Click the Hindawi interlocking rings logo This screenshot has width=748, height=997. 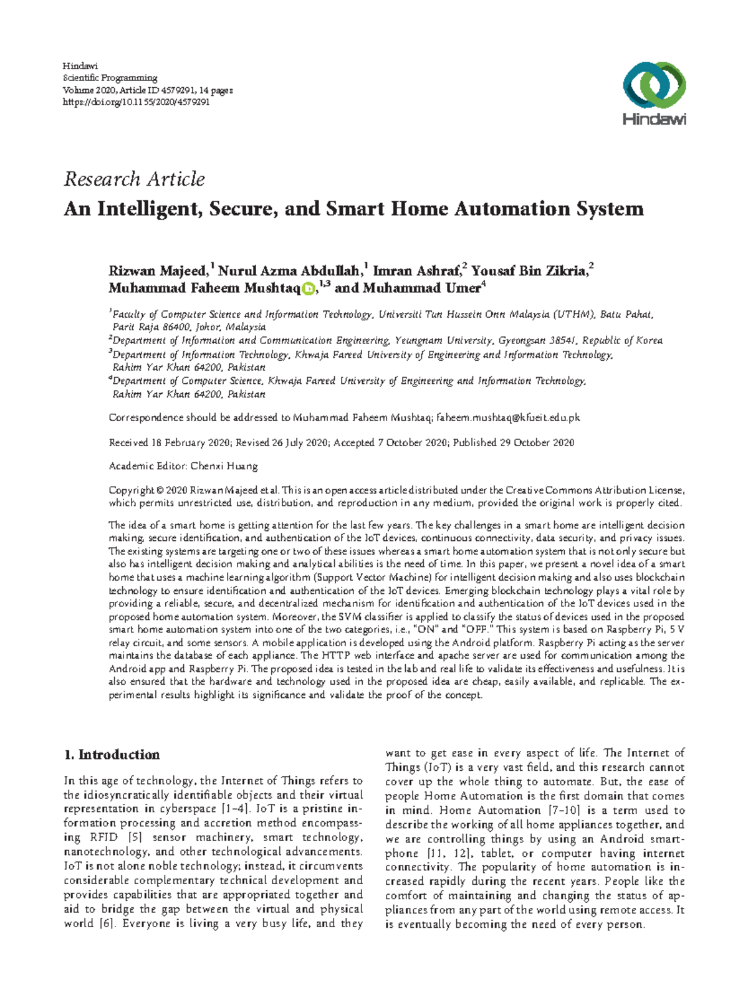click(654, 85)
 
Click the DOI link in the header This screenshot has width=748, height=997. click(137, 102)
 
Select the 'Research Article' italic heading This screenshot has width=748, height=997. click(134, 179)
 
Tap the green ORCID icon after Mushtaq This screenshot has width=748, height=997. click(308, 289)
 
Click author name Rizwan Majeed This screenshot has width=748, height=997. click(158, 271)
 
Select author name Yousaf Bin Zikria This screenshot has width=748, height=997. click(529, 271)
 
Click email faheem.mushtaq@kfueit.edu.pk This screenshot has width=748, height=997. click(508, 417)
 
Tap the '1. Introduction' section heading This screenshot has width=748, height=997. click(112, 755)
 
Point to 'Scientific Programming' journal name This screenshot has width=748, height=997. click(110, 78)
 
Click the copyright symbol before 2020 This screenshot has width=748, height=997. click(160, 490)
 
